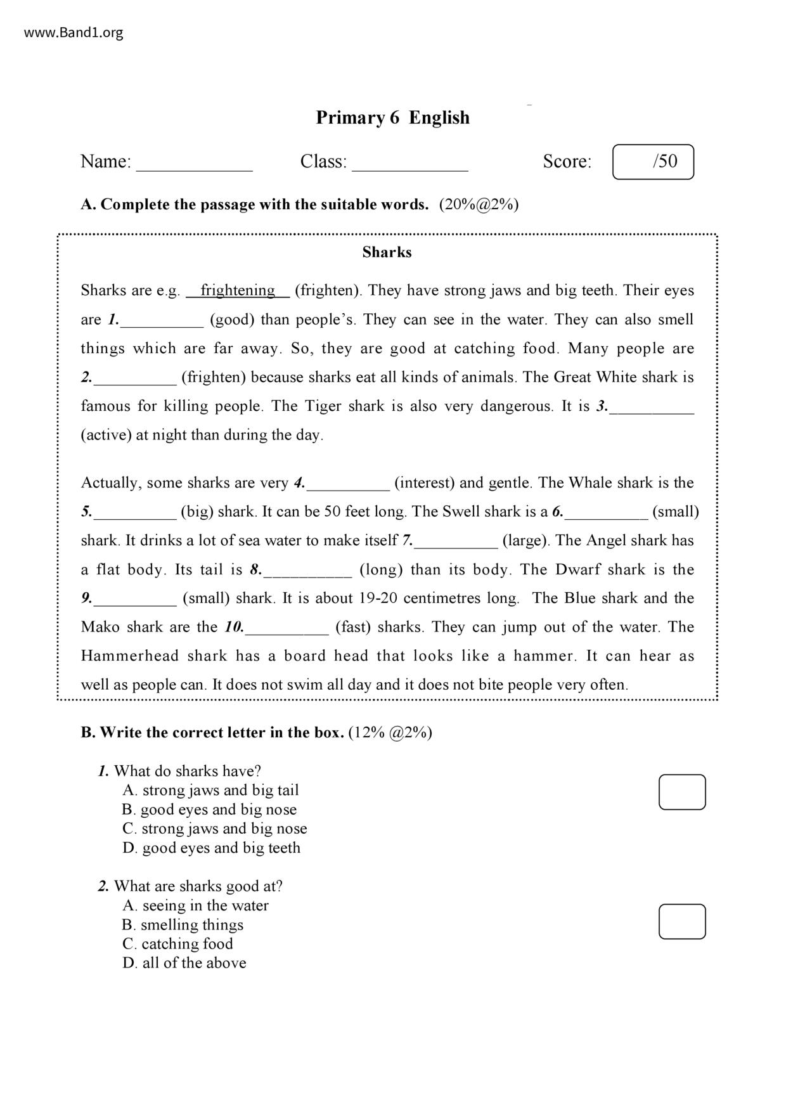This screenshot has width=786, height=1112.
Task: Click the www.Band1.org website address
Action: coord(74,32)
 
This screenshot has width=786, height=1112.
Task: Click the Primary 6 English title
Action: coord(392,118)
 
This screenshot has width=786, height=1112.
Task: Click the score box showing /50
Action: coord(653,162)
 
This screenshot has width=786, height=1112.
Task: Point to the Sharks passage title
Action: coord(387,252)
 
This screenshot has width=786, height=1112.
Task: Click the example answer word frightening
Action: coord(238,290)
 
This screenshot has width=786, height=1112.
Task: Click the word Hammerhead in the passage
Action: coord(130,656)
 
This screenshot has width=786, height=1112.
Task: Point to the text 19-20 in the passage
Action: coord(378,598)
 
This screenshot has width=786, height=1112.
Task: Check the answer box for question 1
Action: coord(682,792)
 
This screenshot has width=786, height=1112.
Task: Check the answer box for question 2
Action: coord(682,921)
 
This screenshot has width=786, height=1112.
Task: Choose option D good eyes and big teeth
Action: coord(211,848)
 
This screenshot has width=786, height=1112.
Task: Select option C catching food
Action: coord(177,944)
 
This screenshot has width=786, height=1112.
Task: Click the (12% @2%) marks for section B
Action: coord(390,733)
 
